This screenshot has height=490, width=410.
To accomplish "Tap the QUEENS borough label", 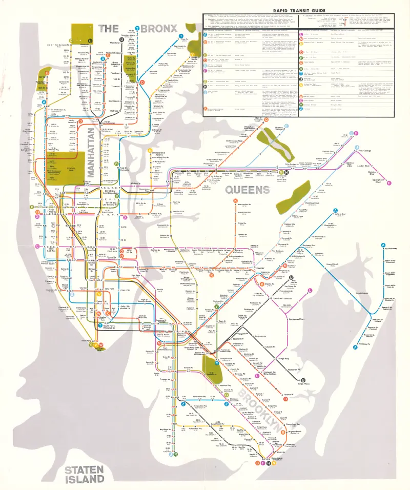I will pyautogui.click(x=248, y=190).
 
